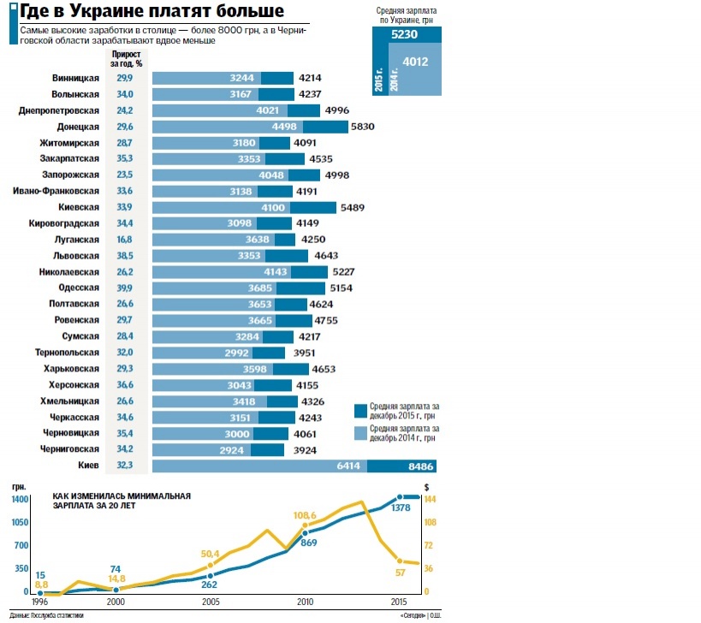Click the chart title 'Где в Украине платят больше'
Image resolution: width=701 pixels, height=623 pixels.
pyautogui.click(x=153, y=12)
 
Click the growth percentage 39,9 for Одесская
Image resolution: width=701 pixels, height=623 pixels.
pyautogui.click(x=125, y=288)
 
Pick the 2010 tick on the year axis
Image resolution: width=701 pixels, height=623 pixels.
pyautogui.click(x=304, y=602)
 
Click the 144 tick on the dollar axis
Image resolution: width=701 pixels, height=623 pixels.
pyautogui.click(x=431, y=498)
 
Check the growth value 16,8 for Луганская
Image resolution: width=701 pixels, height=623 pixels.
pyautogui.click(x=125, y=240)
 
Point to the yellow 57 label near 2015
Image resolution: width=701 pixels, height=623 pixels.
pyautogui.click(x=400, y=573)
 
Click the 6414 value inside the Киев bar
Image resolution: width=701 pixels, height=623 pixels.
pyautogui.click(x=347, y=466)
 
